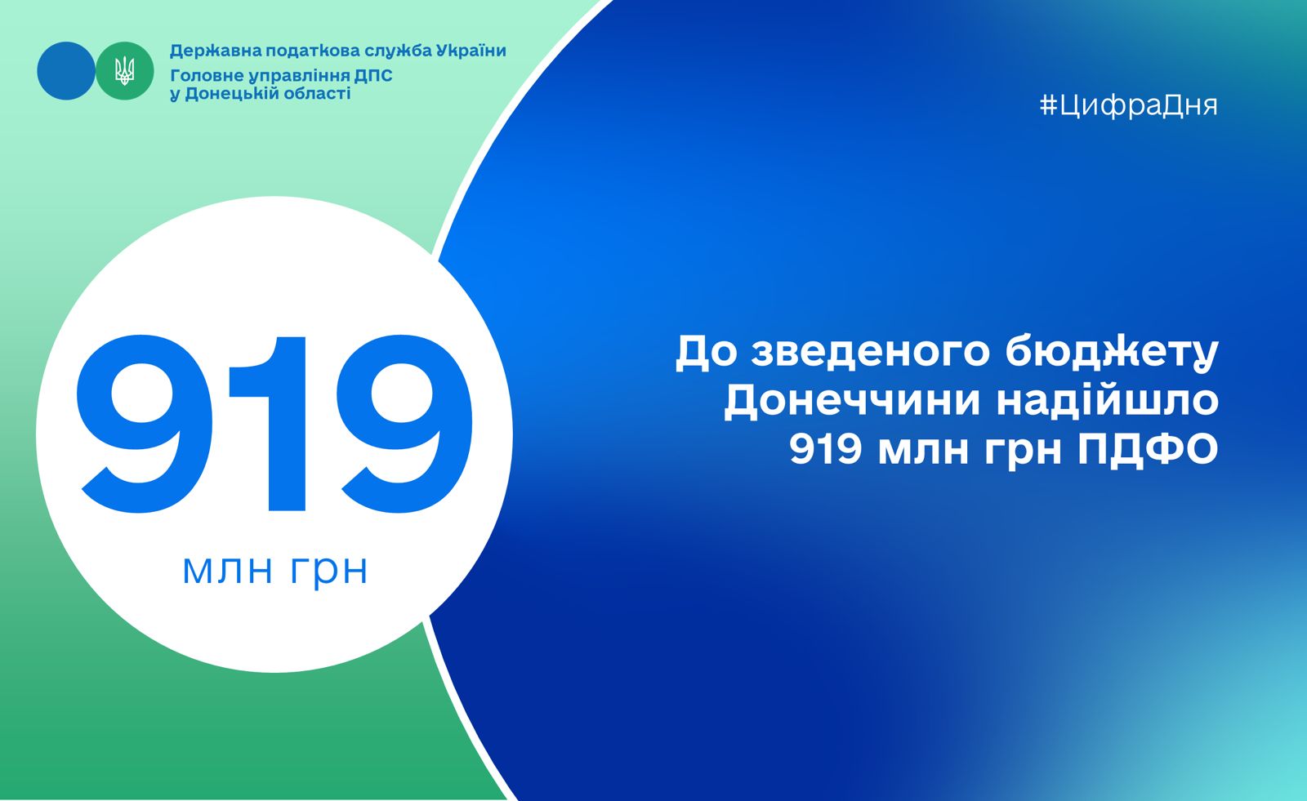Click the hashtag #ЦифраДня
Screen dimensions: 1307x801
pos(1128,105)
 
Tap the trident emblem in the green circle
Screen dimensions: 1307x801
pos(124,71)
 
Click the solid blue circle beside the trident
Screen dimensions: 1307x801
pos(66,70)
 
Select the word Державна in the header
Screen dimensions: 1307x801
pos(216,51)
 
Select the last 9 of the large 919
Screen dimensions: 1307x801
pos(404,424)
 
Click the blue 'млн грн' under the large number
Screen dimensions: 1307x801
pos(274,571)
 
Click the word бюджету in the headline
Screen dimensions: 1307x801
pos(1112,353)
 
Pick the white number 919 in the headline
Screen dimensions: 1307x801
pos(826,450)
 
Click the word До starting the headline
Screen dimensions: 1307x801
pos(707,353)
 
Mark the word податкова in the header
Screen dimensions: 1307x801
pos(313,51)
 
